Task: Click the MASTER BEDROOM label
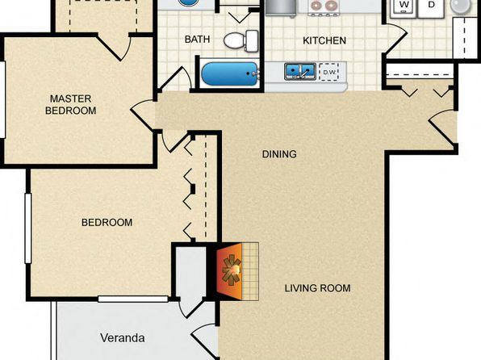tap(70, 104)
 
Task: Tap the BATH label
tap(197, 40)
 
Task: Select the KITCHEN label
tap(324, 40)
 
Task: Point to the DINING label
tap(279, 154)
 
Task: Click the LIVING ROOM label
tap(317, 288)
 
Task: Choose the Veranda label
tap(123, 338)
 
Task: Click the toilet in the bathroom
tap(241, 41)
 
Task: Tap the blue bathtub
tap(230, 74)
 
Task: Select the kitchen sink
tap(300, 72)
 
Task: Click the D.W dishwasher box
tap(328, 72)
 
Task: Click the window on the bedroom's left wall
tap(28, 228)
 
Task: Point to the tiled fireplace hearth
tap(250, 271)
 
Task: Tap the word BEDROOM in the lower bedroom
tap(107, 222)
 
